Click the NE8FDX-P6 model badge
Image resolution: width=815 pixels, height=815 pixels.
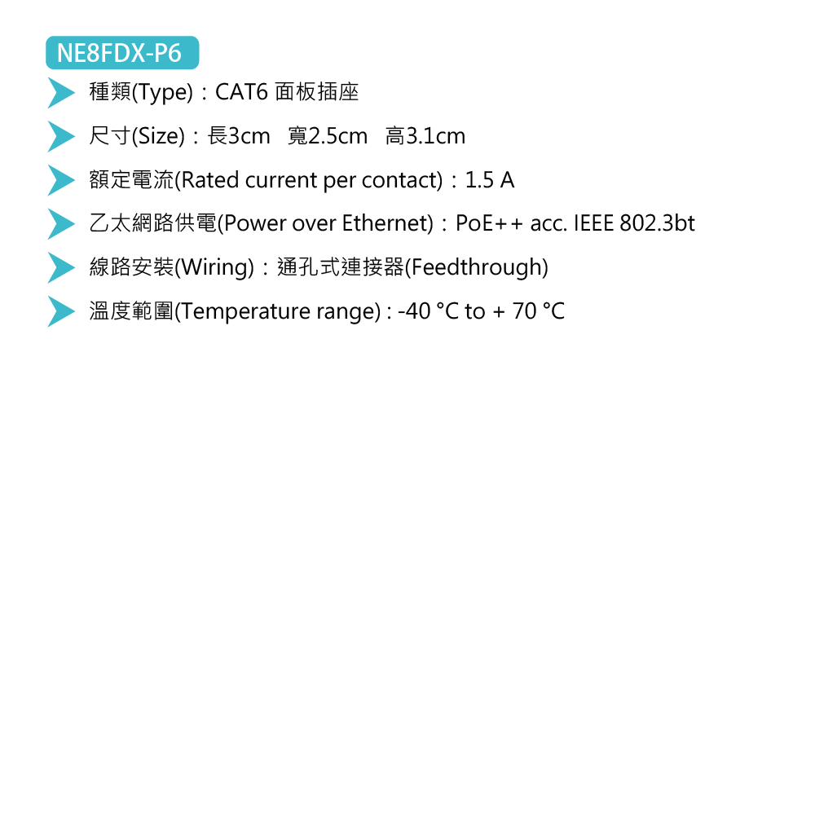122,54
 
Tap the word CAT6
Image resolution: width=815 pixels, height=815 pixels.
241,92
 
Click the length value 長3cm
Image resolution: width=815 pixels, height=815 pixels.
239,136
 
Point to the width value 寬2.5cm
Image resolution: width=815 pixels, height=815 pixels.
328,136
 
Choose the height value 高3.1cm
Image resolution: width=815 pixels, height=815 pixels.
425,136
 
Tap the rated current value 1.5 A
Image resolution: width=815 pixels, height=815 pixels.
489,180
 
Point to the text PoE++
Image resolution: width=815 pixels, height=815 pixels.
489,223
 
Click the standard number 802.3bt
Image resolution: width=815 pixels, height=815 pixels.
657,223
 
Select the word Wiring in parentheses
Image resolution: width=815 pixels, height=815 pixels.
214,267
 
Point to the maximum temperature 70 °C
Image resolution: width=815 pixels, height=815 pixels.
538,311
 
